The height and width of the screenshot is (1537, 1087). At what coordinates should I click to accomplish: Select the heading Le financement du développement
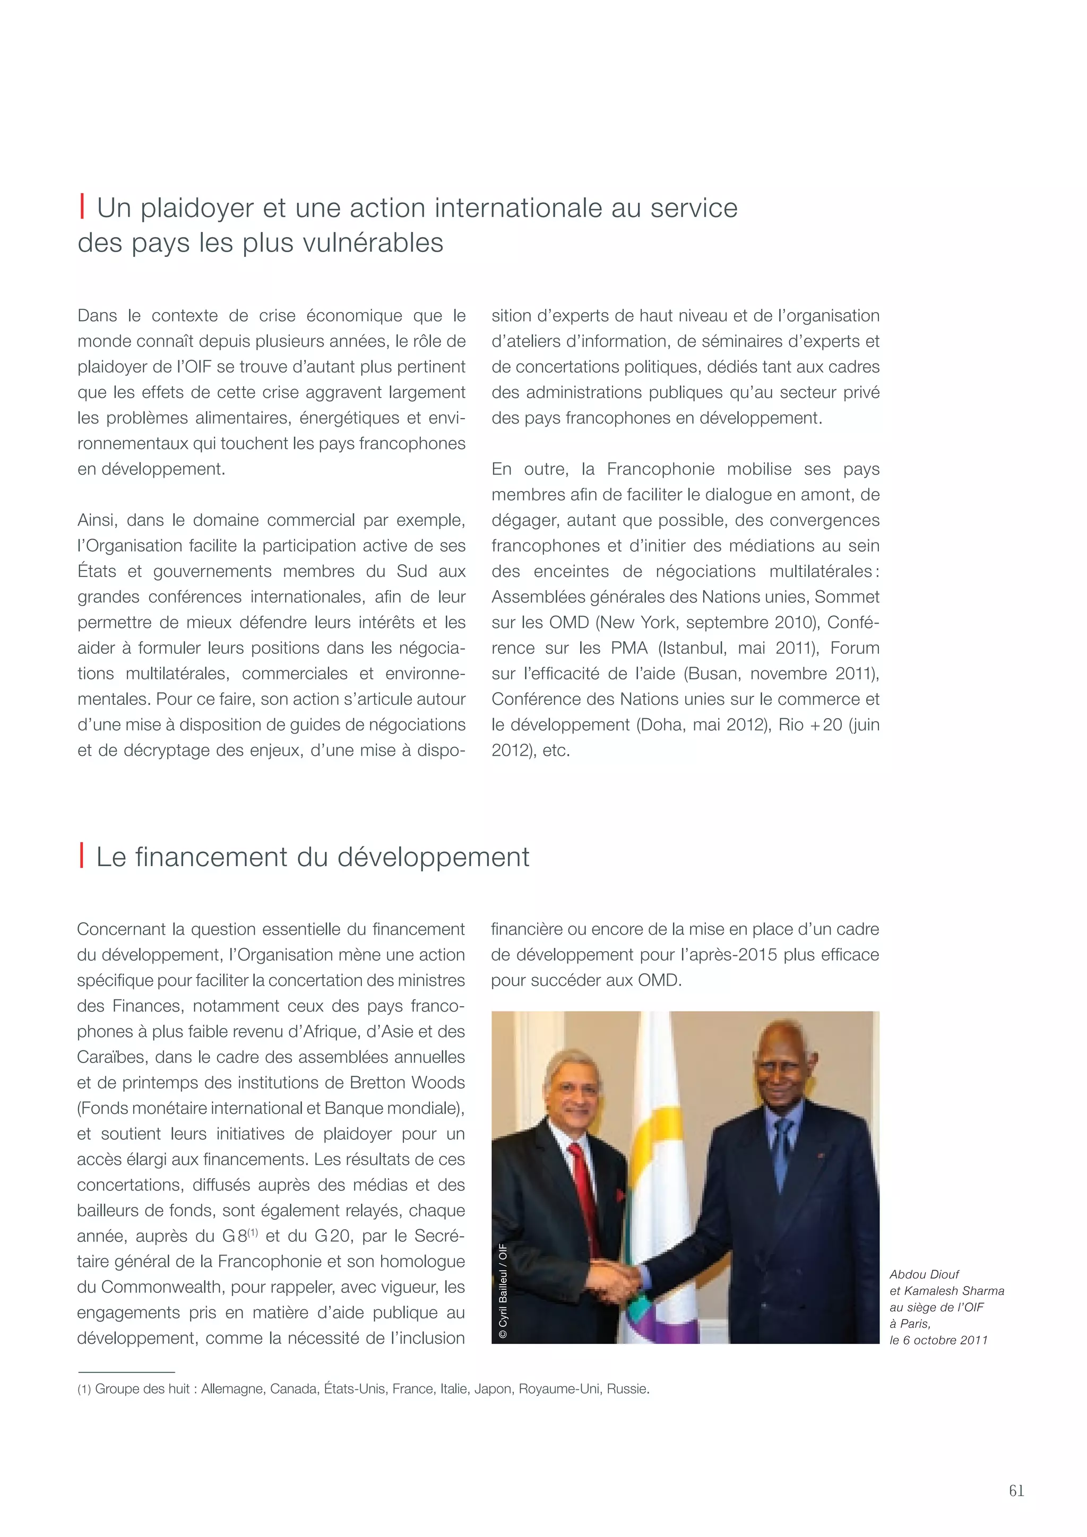coord(313,857)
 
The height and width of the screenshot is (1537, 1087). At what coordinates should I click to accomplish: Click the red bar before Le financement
coord(82,856)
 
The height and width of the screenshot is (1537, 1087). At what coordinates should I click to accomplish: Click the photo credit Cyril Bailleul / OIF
coord(503,1291)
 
